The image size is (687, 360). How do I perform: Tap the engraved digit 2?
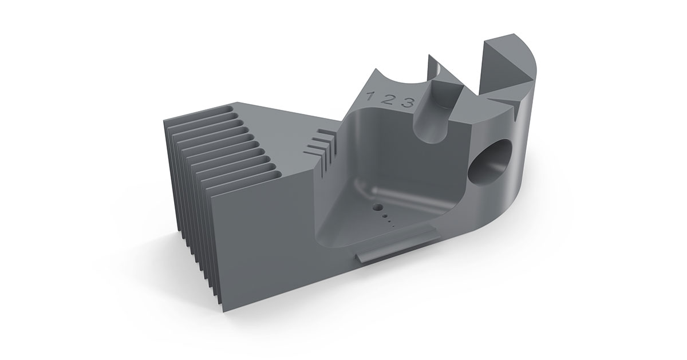click(388, 99)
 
